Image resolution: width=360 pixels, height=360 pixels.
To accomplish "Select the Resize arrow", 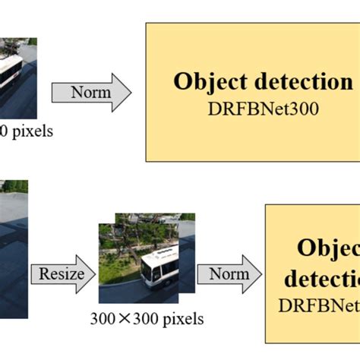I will point(62,273).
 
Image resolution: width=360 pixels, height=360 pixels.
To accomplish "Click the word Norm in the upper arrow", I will point(90,93).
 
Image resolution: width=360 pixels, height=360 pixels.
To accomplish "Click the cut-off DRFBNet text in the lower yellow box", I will point(318,305).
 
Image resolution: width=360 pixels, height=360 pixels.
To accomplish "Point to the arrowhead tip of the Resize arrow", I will point(95,273).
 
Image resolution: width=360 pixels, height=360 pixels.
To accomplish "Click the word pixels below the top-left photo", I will point(30,131).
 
